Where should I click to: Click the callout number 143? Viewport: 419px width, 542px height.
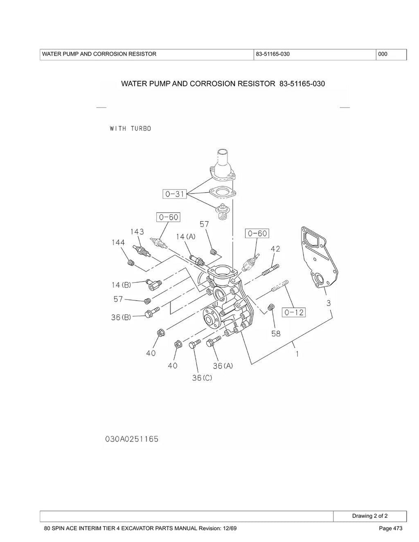[x=137, y=232]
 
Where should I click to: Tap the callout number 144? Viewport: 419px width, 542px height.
[x=118, y=242]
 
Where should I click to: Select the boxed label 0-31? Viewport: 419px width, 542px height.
[x=175, y=194]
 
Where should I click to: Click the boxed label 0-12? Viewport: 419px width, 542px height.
[x=294, y=312]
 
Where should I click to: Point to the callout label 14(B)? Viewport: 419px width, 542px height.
[x=121, y=285]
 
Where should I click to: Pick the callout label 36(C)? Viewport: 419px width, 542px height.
[x=202, y=378]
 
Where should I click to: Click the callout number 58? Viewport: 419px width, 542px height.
[x=276, y=333]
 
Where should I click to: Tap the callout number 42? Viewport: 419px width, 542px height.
[x=275, y=249]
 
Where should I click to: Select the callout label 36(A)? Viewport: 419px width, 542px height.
[x=223, y=366]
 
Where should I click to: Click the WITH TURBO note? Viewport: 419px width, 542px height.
[x=131, y=129]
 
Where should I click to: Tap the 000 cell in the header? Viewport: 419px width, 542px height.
[x=391, y=54]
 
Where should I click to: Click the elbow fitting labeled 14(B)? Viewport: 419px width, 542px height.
[x=153, y=285]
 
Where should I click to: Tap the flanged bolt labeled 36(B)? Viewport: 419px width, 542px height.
[x=152, y=313]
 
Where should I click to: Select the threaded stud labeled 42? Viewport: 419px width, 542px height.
[x=270, y=270]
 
